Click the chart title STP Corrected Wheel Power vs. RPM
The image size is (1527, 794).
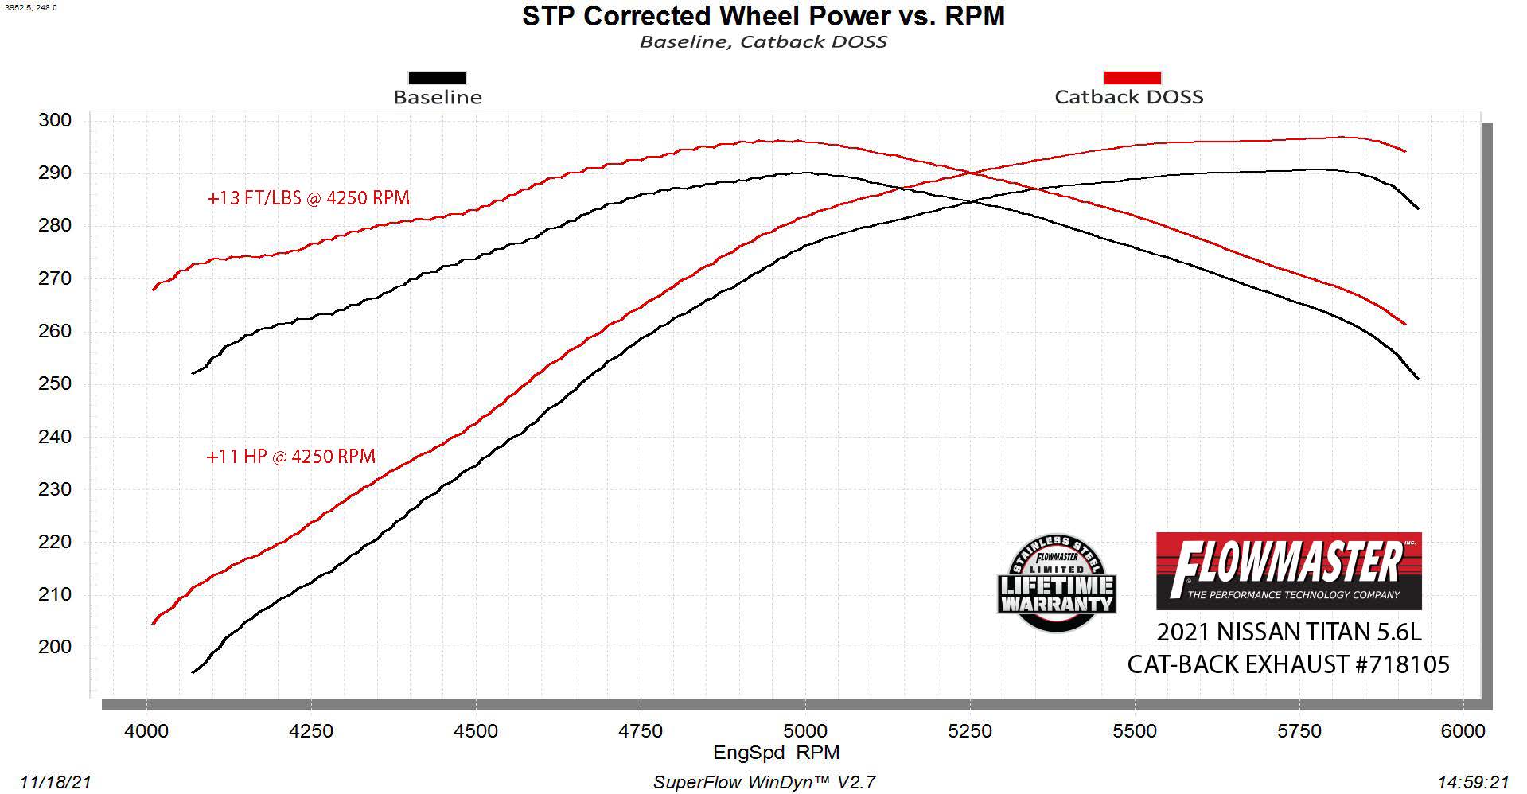coord(763,16)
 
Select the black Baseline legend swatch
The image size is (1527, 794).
coord(437,78)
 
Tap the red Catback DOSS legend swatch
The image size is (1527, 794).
coord(1132,78)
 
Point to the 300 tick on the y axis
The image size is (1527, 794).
coord(55,120)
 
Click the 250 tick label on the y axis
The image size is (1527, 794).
coord(55,383)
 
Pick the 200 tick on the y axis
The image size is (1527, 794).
coord(55,647)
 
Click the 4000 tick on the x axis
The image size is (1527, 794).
coord(146,730)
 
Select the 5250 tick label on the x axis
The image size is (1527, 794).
coord(970,730)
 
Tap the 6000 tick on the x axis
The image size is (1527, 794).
coord(1463,730)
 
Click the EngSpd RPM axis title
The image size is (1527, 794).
coord(776,753)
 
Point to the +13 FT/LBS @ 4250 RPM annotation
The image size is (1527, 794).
coord(308,198)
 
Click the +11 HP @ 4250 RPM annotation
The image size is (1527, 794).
coord(290,457)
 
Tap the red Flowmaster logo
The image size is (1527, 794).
coord(1288,570)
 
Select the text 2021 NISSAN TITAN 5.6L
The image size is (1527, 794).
coord(1288,632)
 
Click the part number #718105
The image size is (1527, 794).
coord(1403,664)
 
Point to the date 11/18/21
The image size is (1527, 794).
coord(56,783)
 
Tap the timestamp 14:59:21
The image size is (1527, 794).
coord(1473,783)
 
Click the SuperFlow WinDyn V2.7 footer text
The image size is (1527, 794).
coord(764,783)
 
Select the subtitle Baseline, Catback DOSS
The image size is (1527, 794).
coord(763,41)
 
